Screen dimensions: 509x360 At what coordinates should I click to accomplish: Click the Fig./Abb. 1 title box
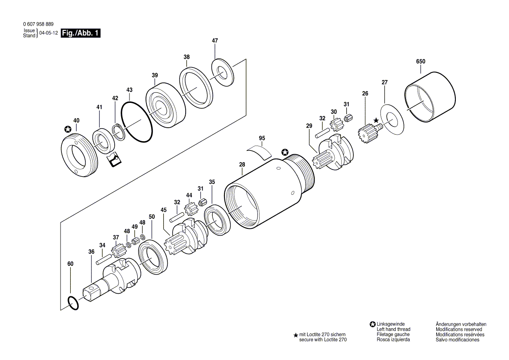coord(81,33)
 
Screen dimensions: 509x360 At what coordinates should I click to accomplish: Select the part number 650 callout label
coord(421,61)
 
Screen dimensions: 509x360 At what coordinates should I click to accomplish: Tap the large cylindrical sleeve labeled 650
coord(430,97)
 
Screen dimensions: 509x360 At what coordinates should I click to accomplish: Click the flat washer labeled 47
coord(222,73)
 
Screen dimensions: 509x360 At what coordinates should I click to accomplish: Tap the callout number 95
coord(262,138)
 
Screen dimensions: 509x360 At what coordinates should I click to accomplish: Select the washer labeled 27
coord(392,119)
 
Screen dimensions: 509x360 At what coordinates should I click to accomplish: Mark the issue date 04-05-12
coord(48,33)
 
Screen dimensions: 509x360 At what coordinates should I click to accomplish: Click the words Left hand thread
coord(393,329)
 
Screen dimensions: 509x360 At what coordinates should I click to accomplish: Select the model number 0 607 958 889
coord(39,24)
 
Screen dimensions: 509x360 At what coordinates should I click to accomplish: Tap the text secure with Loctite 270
coord(322,340)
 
